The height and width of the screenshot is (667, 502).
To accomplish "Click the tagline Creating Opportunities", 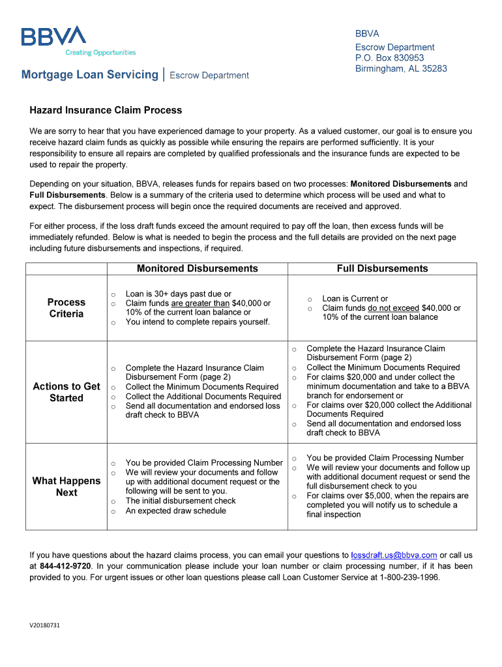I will coord(100,53).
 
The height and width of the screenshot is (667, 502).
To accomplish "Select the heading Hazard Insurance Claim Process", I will coord(106,110).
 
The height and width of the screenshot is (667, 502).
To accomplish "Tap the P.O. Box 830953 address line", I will coord(389,58).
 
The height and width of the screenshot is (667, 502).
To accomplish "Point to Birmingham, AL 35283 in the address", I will coord(401,68).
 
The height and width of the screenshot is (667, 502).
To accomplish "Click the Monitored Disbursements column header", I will coord(197,268).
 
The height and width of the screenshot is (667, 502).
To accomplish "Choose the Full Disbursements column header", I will coord(382,268).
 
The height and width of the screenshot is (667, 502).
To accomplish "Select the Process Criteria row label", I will coord(66,308).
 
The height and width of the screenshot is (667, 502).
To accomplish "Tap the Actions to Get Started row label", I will coord(66,392).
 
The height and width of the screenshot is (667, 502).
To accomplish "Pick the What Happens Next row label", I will coord(66,487).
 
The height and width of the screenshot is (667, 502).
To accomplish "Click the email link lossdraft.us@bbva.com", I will coord(394,555).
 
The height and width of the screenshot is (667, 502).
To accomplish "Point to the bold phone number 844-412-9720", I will coord(66,566).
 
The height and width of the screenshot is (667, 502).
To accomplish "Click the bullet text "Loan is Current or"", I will coord(355,298).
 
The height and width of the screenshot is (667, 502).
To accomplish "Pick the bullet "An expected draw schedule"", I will coord(176,511).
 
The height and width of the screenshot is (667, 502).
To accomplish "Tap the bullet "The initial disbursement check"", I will coord(181,501).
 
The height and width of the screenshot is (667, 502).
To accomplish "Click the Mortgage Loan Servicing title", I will coord(90,74).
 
